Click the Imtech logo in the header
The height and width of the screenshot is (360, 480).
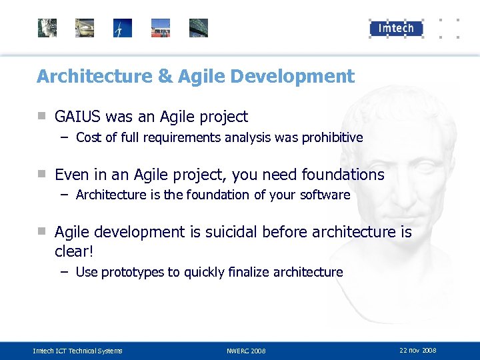pyautogui.click(x=396, y=28)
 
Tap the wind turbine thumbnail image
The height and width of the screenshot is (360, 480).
pyautogui.click(x=123, y=28)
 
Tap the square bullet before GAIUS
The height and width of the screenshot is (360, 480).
pyautogui.click(x=41, y=116)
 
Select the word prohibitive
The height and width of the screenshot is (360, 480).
pyautogui.click(x=332, y=138)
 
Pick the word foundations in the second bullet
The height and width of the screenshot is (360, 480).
pyautogui.click(x=343, y=175)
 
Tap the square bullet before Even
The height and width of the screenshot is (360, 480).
pyautogui.click(x=41, y=174)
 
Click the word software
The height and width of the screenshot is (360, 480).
pyautogui.click(x=325, y=195)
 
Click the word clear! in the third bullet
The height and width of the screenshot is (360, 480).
pyautogui.click(x=73, y=253)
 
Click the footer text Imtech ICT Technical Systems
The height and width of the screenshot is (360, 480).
pyautogui.click(x=78, y=351)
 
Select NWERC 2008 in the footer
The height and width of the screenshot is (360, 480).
pyautogui.click(x=246, y=351)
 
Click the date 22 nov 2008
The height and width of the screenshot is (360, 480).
pyautogui.click(x=418, y=350)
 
